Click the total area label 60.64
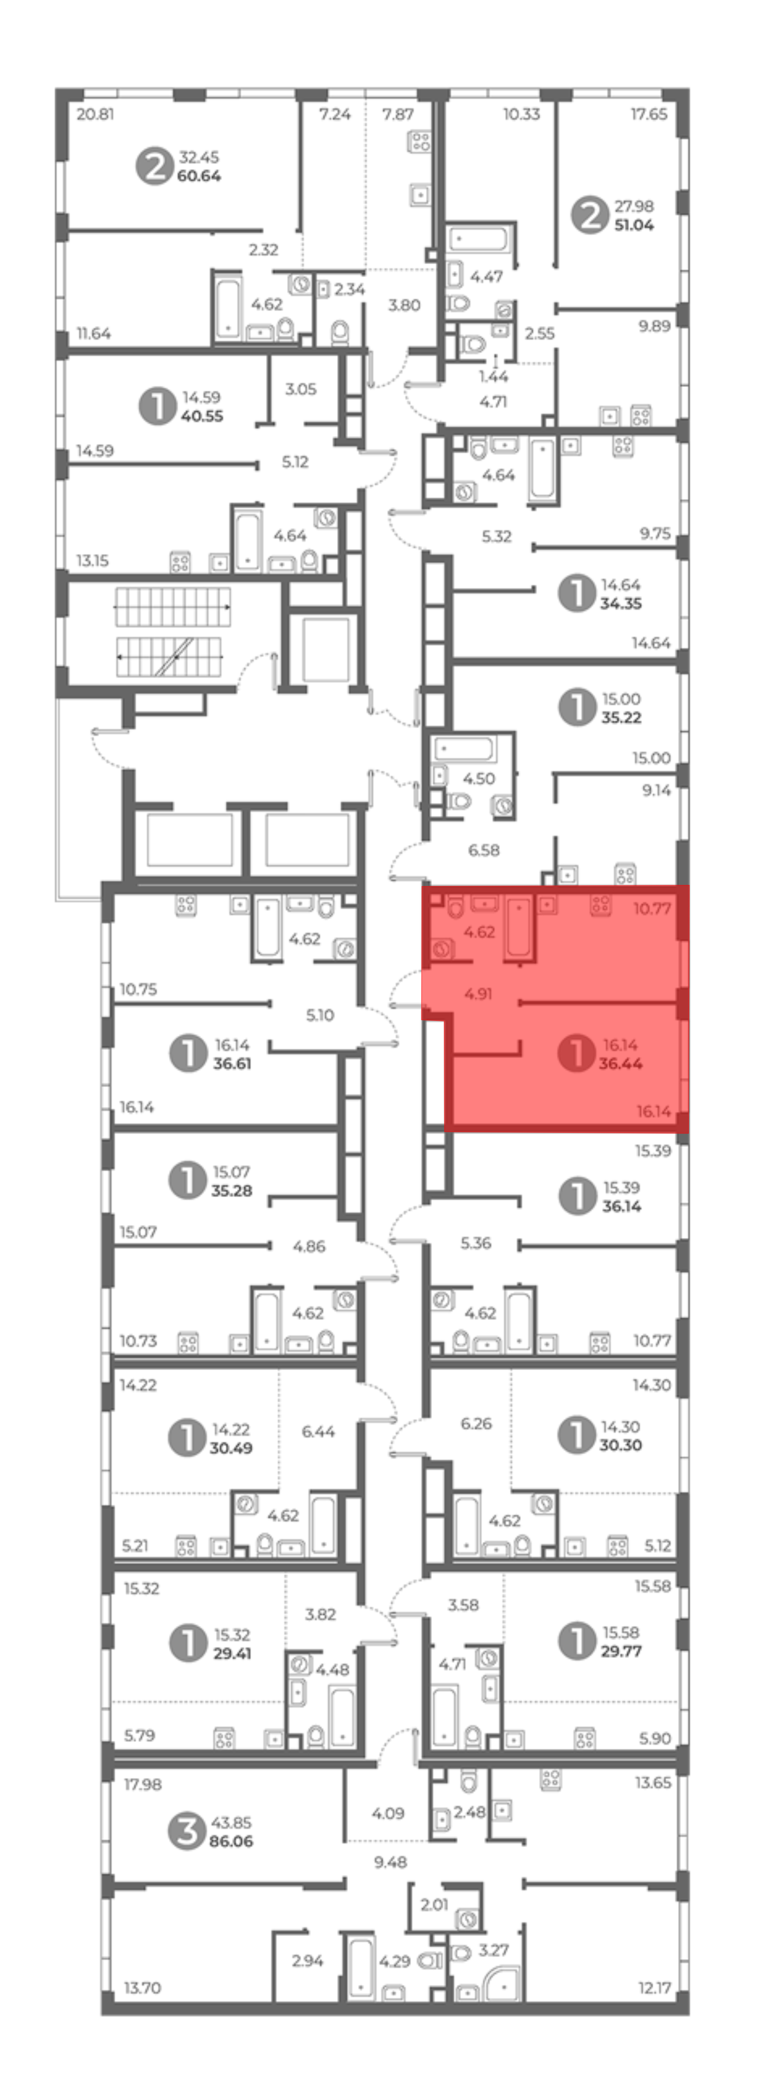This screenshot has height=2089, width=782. [x=199, y=176]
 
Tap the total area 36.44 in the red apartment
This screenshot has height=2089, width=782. [x=621, y=1063]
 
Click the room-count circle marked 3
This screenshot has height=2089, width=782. [x=187, y=1831]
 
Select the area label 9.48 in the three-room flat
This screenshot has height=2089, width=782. [x=391, y=1863]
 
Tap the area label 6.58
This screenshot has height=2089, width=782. [x=484, y=850]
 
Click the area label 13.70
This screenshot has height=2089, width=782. [x=143, y=1988]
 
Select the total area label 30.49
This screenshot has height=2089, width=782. [x=231, y=1448]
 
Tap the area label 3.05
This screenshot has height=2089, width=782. [x=301, y=389]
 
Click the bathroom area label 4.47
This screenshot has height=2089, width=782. [x=487, y=277]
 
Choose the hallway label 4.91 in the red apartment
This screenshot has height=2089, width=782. [x=479, y=993]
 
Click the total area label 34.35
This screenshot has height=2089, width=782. [x=621, y=603]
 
